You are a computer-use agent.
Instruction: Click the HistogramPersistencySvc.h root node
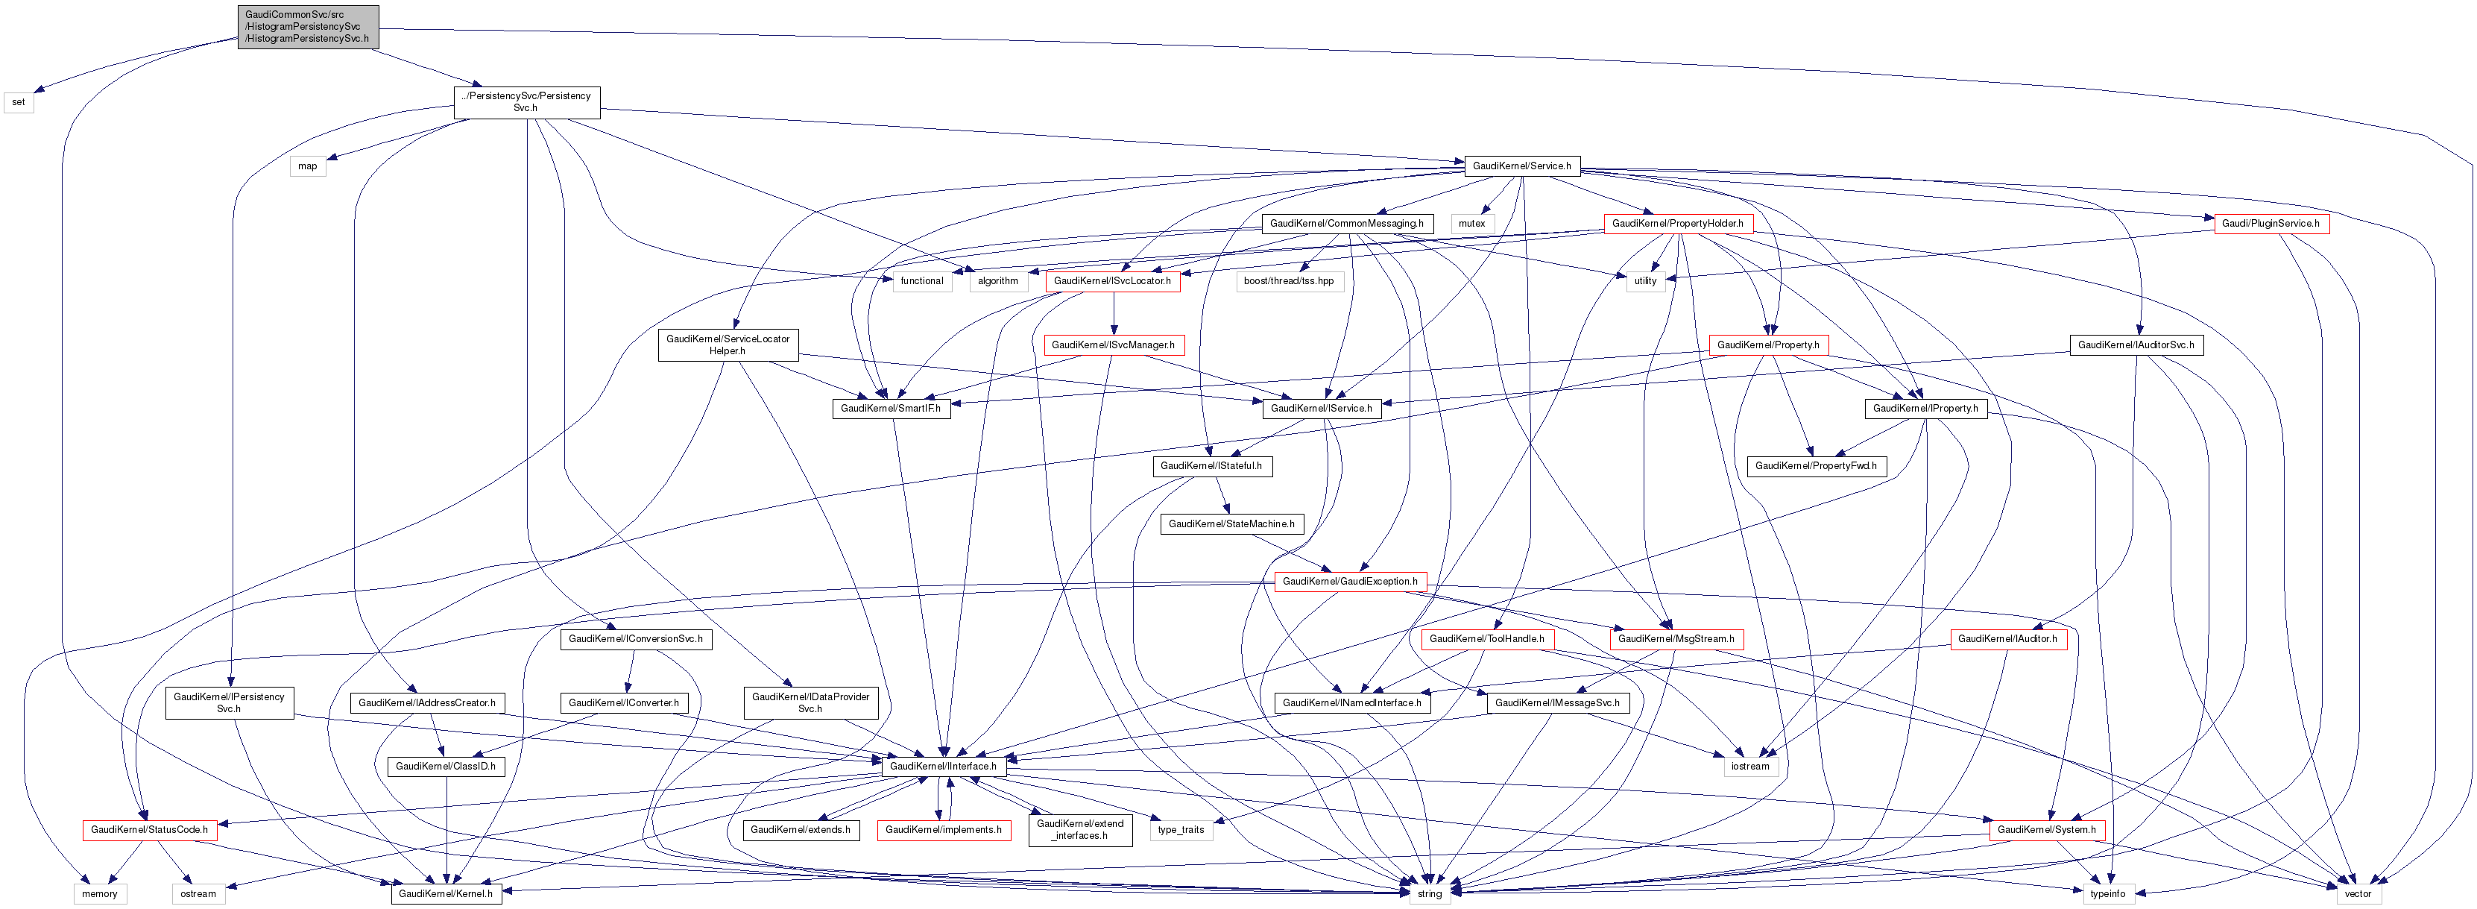click(x=308, y=27)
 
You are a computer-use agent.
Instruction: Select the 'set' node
click(x=19, y=102)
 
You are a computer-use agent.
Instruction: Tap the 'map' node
click(x=308, y=166)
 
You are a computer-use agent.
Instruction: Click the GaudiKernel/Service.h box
click(x=1521, y=166)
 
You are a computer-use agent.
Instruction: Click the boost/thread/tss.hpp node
click(x=1289, y=281)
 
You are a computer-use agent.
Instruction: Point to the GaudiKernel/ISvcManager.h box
click(x=1113, y=345)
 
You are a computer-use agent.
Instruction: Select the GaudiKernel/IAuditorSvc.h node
click(x=2136, y=345)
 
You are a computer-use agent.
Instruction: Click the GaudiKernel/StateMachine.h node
click(x=1231, y=524)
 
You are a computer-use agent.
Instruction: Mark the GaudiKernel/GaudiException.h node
click(x=1350, y=582)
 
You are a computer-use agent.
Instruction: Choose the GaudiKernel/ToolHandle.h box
click(x=1486, y=640)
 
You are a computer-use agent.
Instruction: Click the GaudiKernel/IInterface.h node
click(x=943, y=767)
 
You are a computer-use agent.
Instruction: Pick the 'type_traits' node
click(x=1181, y=830)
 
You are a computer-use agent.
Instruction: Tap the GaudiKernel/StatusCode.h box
click(x=149, y=830)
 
